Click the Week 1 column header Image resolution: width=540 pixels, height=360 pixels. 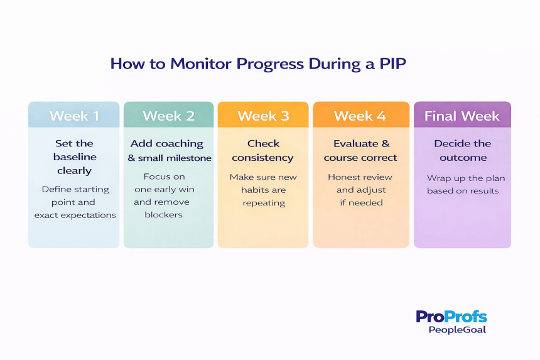point(74,116)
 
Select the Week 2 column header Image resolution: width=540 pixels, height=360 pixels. point(168,116)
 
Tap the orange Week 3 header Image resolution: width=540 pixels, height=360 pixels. point(263,116)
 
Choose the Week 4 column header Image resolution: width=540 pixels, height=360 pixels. point(360,116)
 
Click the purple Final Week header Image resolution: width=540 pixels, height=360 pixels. point(462,116)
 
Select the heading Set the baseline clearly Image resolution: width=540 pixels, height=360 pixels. point(74,156)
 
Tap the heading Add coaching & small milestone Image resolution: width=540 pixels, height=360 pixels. point(168,151)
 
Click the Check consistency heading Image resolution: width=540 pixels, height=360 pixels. point(263,151)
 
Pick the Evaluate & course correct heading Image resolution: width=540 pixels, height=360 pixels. point(360,151)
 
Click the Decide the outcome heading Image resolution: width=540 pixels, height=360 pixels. point(462,151)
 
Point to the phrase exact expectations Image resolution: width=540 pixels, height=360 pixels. point(75,215)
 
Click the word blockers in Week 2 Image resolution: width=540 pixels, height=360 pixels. point(164,215)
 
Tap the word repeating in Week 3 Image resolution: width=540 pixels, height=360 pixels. point(263,203)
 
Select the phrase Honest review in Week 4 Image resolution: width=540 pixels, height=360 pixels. point(360,177)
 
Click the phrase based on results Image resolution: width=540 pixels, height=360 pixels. point(463,191)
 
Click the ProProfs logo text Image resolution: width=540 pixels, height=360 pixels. point(451,316)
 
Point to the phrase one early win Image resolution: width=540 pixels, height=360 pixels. point(165,190)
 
